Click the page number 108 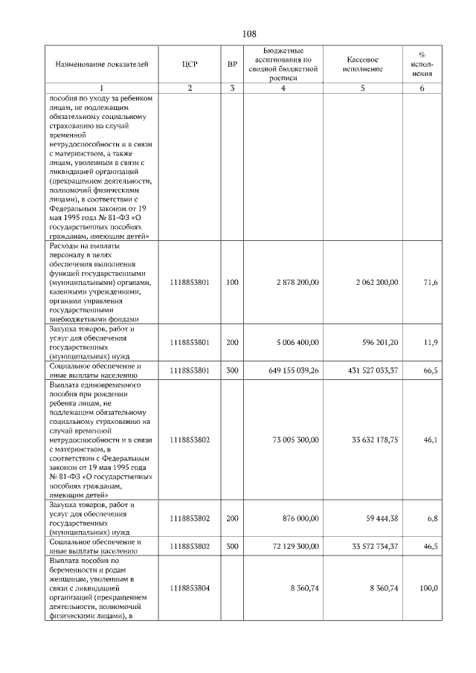click(249, 34)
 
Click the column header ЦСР click(189, 65)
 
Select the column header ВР click(232, 65)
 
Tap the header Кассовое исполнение click(363, 65)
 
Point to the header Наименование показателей click(97, 65)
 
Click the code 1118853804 click(189, 588)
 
